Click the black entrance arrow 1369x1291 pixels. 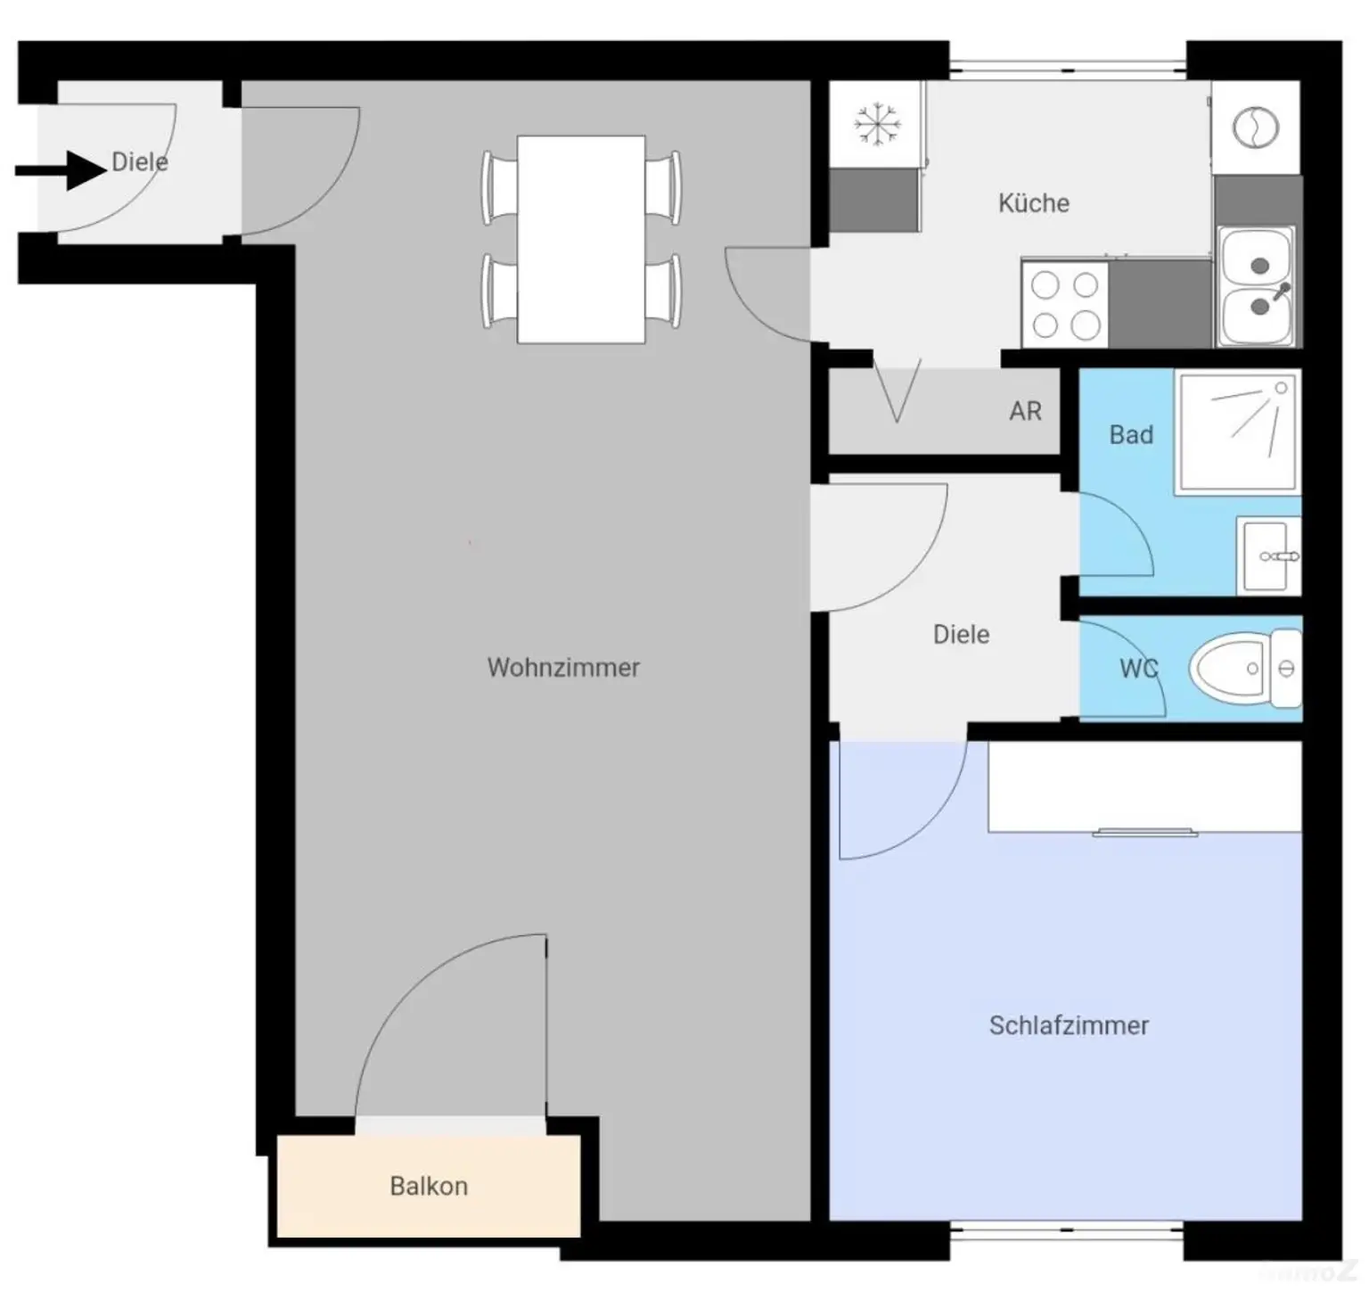click(61, 170)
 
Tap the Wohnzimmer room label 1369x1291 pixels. click(563, 667)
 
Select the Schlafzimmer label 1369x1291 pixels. click(1069, 1025)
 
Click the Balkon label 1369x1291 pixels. click(429, 1186)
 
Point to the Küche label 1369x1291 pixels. click(1034, 202)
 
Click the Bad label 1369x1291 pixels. click(1131, 434)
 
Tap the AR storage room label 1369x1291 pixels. click(1025, 411)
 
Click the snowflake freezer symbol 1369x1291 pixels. click(877, 124)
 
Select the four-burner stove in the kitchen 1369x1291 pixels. click(1065, 303)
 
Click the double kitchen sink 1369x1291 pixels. click(1257, 287)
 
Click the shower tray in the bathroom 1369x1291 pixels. click(1236, 431)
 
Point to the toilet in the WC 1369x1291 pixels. click(1244, 668)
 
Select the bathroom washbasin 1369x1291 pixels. click(1268, 556)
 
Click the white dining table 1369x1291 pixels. click(581, 239)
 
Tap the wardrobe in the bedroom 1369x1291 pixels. click(1144, 787)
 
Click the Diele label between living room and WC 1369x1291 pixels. click(961, 634)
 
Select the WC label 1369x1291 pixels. click(1138, 669)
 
